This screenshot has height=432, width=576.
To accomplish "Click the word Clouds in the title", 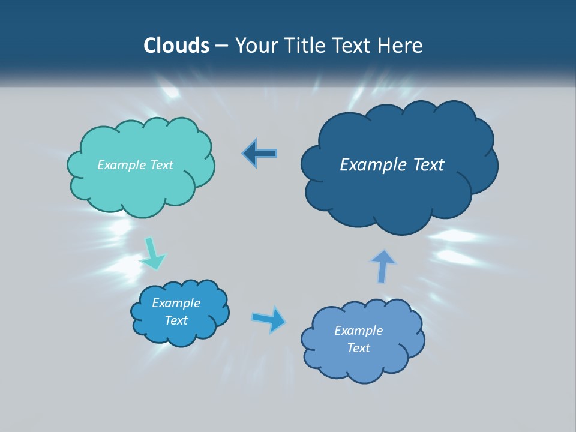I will [176, 46].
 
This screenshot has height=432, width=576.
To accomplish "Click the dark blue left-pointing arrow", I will [260, 154].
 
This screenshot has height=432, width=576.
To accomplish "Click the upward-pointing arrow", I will [382, 266].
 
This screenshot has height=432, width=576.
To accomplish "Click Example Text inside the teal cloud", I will [135, 165].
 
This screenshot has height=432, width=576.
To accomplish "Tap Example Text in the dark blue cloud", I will [392, 165].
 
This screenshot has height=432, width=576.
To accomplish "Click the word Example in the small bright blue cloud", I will [176, 303].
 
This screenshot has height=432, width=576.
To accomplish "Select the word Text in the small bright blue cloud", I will [176, 320].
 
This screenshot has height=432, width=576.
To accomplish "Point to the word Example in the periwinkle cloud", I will [358, 331].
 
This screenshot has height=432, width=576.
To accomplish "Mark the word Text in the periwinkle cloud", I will [358, 348].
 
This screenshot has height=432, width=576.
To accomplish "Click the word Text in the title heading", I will [353, 46].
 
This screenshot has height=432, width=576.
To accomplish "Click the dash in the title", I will [221, 46].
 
